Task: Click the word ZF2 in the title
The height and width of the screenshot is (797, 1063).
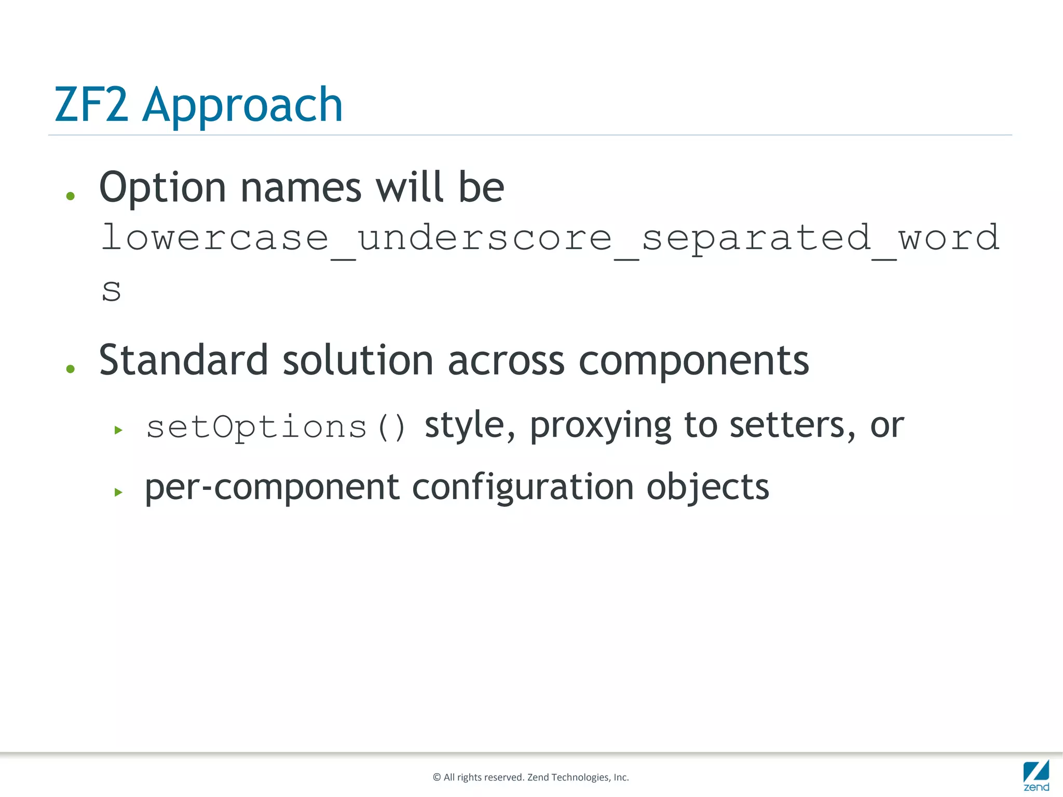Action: click(91, 105)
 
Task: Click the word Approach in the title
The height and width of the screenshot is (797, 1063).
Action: click(242, 107)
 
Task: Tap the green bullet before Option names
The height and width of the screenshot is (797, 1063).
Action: click(71, 196)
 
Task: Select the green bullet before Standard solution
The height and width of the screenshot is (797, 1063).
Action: click(71, 369)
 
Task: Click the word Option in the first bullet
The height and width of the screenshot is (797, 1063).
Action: click(162, 188)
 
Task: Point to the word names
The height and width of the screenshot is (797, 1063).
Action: click(301, 188)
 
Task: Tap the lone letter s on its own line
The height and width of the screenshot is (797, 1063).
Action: click(111, 291)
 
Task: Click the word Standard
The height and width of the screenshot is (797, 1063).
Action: click(183, 360)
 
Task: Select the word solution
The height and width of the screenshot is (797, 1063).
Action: click(358, 360)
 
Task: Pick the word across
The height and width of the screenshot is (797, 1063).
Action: click(506, 361)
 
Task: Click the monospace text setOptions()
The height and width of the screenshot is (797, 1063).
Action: click(276, 428)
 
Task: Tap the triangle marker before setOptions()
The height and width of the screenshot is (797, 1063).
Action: click(118, 430)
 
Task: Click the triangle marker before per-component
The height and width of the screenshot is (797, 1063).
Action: click(118, 492)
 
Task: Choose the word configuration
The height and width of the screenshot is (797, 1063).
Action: click(523, 488)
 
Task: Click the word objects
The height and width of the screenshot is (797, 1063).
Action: click(707, 488)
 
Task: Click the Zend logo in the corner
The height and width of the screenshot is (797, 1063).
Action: click(1036, 775)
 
